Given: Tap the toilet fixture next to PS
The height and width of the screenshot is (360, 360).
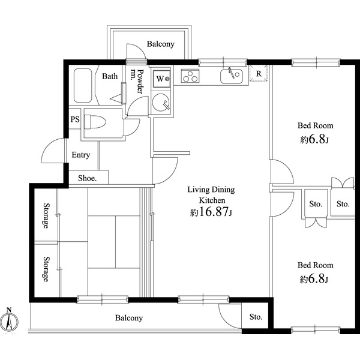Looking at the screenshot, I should [94, 122].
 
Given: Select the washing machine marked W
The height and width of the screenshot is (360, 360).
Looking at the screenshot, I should [161, 78].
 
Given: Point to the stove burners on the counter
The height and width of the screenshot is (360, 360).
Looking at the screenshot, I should [191, 77].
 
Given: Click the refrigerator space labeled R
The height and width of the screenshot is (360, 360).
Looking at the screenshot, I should [258, 74].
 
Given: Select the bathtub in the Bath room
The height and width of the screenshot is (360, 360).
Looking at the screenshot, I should [82, 87].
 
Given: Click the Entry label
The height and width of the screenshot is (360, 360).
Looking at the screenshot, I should [81, 155].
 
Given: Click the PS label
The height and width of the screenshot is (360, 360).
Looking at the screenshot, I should [74, 119].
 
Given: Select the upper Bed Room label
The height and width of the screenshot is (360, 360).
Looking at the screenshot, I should [316, 126].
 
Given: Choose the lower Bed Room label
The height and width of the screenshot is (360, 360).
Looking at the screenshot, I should [316, 265].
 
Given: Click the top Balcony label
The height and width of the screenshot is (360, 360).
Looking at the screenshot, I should [160, 44].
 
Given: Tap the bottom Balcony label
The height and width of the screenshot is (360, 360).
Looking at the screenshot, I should [128, 318].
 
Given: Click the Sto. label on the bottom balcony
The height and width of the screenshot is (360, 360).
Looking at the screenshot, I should [256, 317].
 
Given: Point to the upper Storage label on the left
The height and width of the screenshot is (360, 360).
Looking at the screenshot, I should [46, 215].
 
